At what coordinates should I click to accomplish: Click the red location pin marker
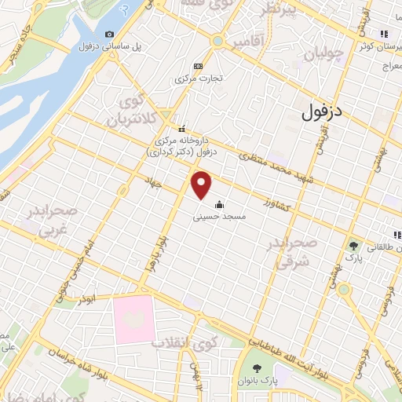203,185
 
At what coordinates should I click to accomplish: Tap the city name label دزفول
323,112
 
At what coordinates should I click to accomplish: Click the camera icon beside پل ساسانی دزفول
109,34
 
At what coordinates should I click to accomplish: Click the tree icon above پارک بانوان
257,367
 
